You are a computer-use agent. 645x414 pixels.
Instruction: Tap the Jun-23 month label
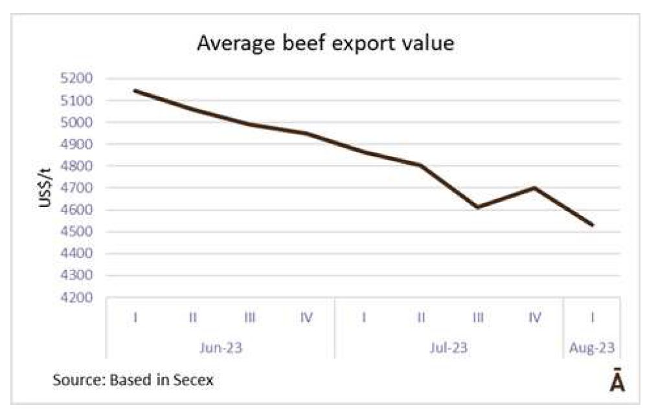pyautogui.click(x=221, y=347)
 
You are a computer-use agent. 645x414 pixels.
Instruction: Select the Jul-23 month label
pyautogui.click(x=449, y=347)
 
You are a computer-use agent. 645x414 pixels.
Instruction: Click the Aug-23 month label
pyautogui.click(x=592, y=347)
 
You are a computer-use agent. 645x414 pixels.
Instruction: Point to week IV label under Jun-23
pyautogui.click(x=307, y=318)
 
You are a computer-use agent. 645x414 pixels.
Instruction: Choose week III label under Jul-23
pyautogui.click(x=478, y=318)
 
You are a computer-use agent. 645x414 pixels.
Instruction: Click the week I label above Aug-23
pyautogui.click(x=593, y=318)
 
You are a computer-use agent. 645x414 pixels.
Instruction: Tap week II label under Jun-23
pyautogui.click(x=192, y=318)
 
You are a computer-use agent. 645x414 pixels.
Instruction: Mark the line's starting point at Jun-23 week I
pyautogui.click(x=135, y=91)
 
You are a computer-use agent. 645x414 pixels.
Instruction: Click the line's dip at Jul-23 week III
pyautogui.click(x=478, y=207)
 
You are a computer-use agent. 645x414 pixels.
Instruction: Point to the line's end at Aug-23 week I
pyautogui.click(x=593, y=225)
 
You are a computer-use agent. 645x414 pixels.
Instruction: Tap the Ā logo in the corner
pyautogui.click(x=618, y=382)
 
